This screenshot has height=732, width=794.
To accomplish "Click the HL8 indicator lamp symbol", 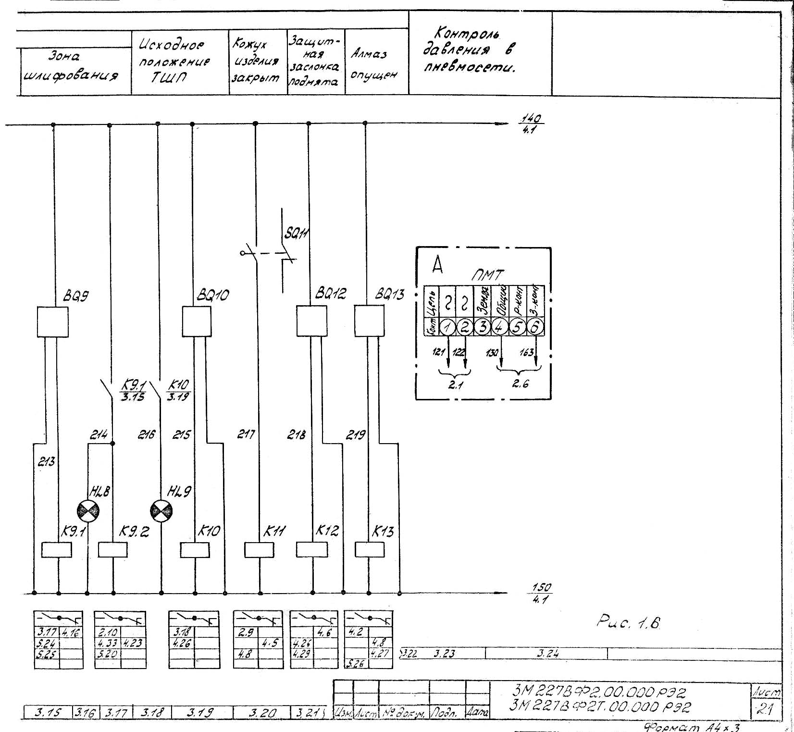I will pos(88,510).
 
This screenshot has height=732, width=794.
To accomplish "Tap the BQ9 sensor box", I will pos(52,322).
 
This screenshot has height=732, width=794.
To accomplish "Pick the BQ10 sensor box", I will pos(196,322).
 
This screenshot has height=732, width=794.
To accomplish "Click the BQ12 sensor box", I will pos(311,321).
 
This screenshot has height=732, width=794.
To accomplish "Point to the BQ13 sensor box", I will pos(369,321).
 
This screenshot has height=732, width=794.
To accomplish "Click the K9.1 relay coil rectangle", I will pos(57,549).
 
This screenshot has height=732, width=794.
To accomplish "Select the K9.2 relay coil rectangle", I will pos(112,549).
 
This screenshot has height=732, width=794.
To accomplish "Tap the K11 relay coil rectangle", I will pos(259,549).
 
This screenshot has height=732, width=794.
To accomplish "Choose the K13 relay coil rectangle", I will pos(370,549).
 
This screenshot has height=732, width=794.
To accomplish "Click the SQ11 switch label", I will pos(296,234).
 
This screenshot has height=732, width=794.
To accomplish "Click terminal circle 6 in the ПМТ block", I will pos(535,327).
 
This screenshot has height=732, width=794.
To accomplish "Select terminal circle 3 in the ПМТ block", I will pos(482,327).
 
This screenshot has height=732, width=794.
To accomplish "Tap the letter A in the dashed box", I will pos(437,264).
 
